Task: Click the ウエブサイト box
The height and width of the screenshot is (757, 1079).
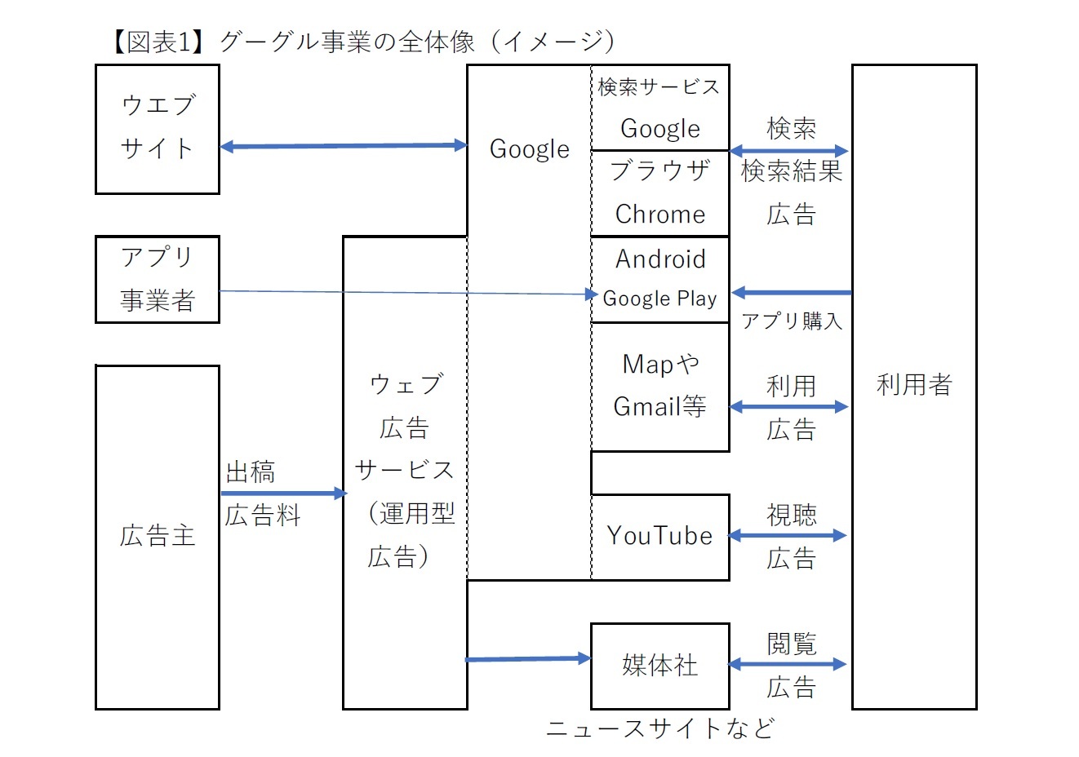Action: [x=157, y=129]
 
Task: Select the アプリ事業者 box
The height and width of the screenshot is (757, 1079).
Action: [x=157, y=279]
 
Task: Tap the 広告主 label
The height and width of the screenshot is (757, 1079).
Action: [x=157, y=536]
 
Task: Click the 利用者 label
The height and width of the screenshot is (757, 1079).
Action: [x=914, y=384]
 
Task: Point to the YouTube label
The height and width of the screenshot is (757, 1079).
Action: [x=659, y=536]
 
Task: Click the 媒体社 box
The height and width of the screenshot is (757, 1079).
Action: [x=659, y=666]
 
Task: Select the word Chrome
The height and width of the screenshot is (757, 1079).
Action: [x=659, y=214]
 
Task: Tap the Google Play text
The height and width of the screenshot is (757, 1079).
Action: [x=659, y=299]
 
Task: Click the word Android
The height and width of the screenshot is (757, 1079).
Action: [x=659, y=259]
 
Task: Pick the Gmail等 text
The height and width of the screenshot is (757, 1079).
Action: [x=659, y=406]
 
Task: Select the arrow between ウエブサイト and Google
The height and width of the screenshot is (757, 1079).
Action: [x=343, y=146]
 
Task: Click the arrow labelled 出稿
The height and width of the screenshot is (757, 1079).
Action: [x=283, y=493]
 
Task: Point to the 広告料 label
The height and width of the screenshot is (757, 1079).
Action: [x=263, y=516]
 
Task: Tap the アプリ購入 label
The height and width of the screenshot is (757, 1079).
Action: [x=791, y=321]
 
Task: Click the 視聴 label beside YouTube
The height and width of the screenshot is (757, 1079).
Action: [x=791, y=515]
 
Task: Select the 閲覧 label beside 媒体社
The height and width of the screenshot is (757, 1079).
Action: [x=791, y=644]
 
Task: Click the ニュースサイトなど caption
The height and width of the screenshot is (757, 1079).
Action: [x=659, y=728]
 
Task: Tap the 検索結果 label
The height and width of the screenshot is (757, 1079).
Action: [x=791, y=171]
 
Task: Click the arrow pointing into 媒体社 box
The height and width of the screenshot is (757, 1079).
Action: [x=528, y=658]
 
